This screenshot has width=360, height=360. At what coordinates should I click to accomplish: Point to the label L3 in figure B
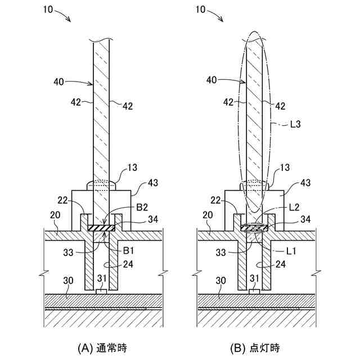tap(296, 125)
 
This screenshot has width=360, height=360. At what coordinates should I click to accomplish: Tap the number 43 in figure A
tap(153, 182)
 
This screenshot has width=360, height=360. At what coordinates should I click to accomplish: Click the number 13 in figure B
tap(285, 167)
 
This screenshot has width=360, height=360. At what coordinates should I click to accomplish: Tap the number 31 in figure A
tap(101, 278)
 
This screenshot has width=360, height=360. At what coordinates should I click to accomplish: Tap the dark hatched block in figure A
tap(102, 228)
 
